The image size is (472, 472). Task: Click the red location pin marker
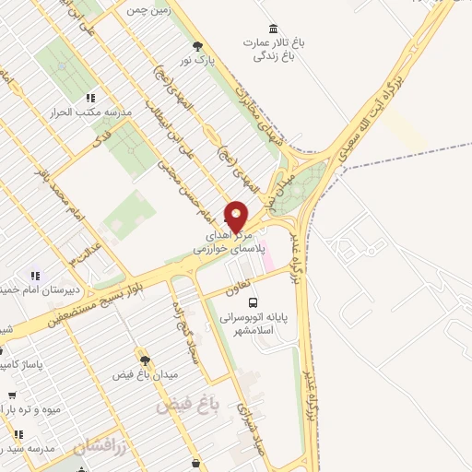tap(236, 216)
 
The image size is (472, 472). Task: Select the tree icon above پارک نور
tap(195, 45)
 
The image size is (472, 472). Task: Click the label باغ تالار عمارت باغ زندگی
tap(273, 49)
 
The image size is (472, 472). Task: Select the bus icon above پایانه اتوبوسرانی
tap(254, 301)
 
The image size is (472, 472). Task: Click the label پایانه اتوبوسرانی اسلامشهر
tap(254, 324)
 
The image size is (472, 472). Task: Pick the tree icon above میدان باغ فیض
tap(142, 356)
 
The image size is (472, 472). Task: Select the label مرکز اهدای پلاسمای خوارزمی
tap(230, 242)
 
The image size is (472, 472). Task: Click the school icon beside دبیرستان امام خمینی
tap(35, 276)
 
